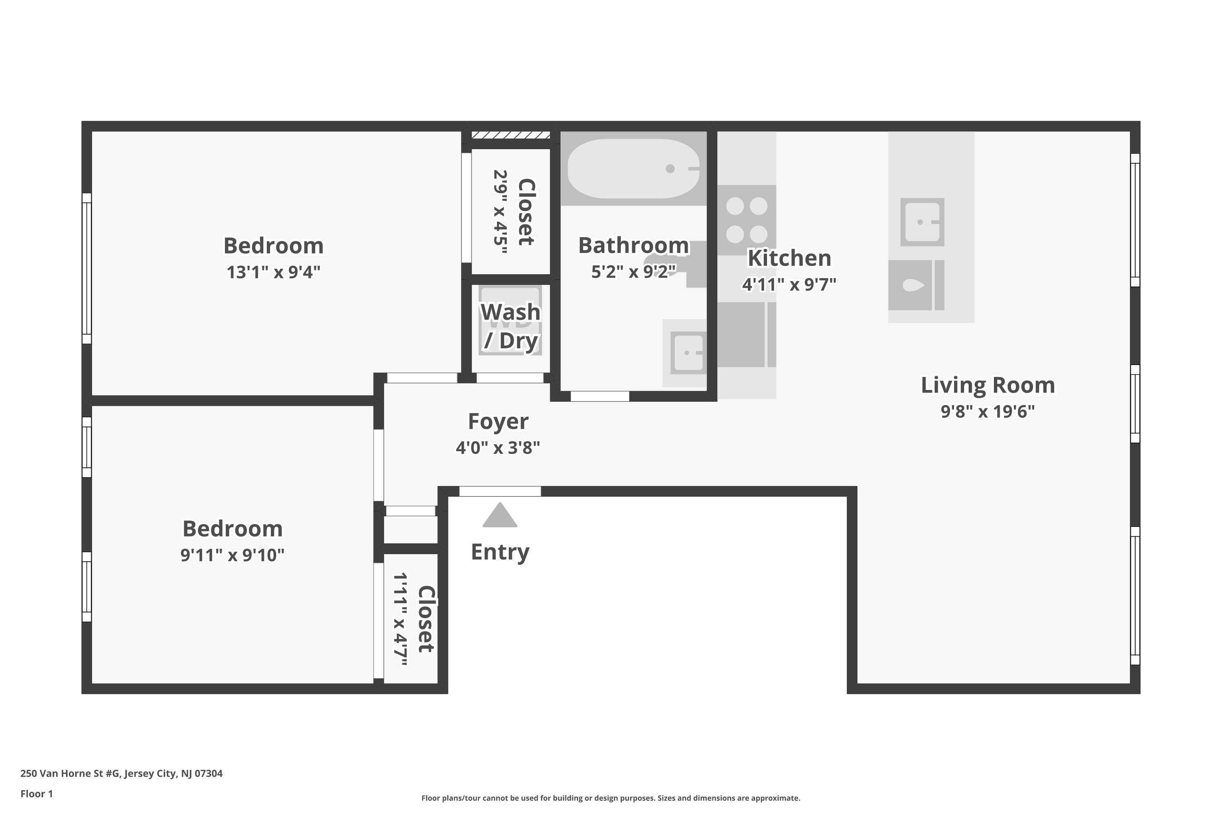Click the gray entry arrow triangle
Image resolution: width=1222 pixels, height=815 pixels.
[x=499, y=516]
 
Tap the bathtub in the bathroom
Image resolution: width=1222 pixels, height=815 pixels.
[x=633, y=168]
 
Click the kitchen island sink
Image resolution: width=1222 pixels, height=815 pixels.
[x=922, y=222]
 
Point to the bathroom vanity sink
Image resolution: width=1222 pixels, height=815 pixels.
[x=687, y=353]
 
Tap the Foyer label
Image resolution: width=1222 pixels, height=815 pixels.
[x=498, y=421]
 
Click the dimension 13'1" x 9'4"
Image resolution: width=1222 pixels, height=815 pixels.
[x=273, y=272]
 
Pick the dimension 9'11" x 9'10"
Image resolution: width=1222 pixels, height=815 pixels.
[x=232, y=555]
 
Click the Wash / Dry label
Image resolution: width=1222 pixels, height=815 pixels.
[x=510, y=326]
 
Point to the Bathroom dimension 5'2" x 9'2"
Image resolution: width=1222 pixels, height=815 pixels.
[x=633, y=271]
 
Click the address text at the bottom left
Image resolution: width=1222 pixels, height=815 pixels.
[x=121, y=773]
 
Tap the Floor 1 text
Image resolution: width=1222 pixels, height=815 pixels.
[x=36, y=794]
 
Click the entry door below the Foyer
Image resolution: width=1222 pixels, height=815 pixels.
[x=500, y=491]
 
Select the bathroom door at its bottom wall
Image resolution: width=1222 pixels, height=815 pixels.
[x=600, y=396]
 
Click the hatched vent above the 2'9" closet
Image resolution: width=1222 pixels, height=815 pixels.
[x=510, y=135]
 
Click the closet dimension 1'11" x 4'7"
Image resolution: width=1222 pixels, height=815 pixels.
[x=400, y=619]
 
